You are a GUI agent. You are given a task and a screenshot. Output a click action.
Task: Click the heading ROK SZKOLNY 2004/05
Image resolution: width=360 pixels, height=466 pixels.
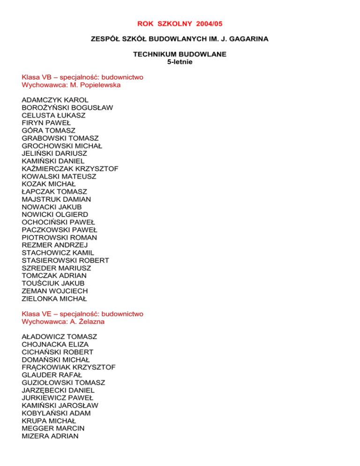tap(180, 23)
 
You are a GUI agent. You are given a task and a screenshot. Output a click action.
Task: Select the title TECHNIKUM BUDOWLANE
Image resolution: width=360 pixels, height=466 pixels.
tap(180, 54)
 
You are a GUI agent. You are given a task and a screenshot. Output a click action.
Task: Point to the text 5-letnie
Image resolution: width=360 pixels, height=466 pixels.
tap(180, 61)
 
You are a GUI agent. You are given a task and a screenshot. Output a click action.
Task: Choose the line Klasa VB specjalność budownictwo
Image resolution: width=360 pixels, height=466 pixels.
tap(82, 77)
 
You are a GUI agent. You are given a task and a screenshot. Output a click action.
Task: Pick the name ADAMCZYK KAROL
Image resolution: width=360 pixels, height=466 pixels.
tap(55, 100)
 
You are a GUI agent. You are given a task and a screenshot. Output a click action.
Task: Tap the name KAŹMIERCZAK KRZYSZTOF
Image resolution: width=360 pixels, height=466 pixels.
tap(70, 168)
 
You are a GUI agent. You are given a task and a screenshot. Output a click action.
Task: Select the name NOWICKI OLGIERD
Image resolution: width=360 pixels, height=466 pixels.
tap(55, 214)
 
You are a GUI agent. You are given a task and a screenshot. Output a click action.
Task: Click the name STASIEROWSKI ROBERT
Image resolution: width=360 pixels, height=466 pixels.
tap(66, 260)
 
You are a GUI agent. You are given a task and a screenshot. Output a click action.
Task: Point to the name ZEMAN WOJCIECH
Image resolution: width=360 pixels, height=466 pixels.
tap(54, 291)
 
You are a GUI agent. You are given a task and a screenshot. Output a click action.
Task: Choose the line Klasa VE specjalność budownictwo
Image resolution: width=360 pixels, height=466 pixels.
tap(82, 314)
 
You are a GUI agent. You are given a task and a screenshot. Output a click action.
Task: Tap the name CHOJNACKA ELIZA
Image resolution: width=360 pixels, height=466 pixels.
tap(55, 344)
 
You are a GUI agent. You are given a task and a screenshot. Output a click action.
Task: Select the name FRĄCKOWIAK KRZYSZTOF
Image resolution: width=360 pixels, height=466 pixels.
tap(69, 367)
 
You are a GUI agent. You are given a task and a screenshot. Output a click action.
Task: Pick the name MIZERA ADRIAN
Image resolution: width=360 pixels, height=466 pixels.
tap(51, 436)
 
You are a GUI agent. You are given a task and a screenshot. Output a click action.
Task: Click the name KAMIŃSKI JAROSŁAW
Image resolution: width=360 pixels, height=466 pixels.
tap(60, 405)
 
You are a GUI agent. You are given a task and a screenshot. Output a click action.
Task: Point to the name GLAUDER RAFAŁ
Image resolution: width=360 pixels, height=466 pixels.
tap(51, 375)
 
